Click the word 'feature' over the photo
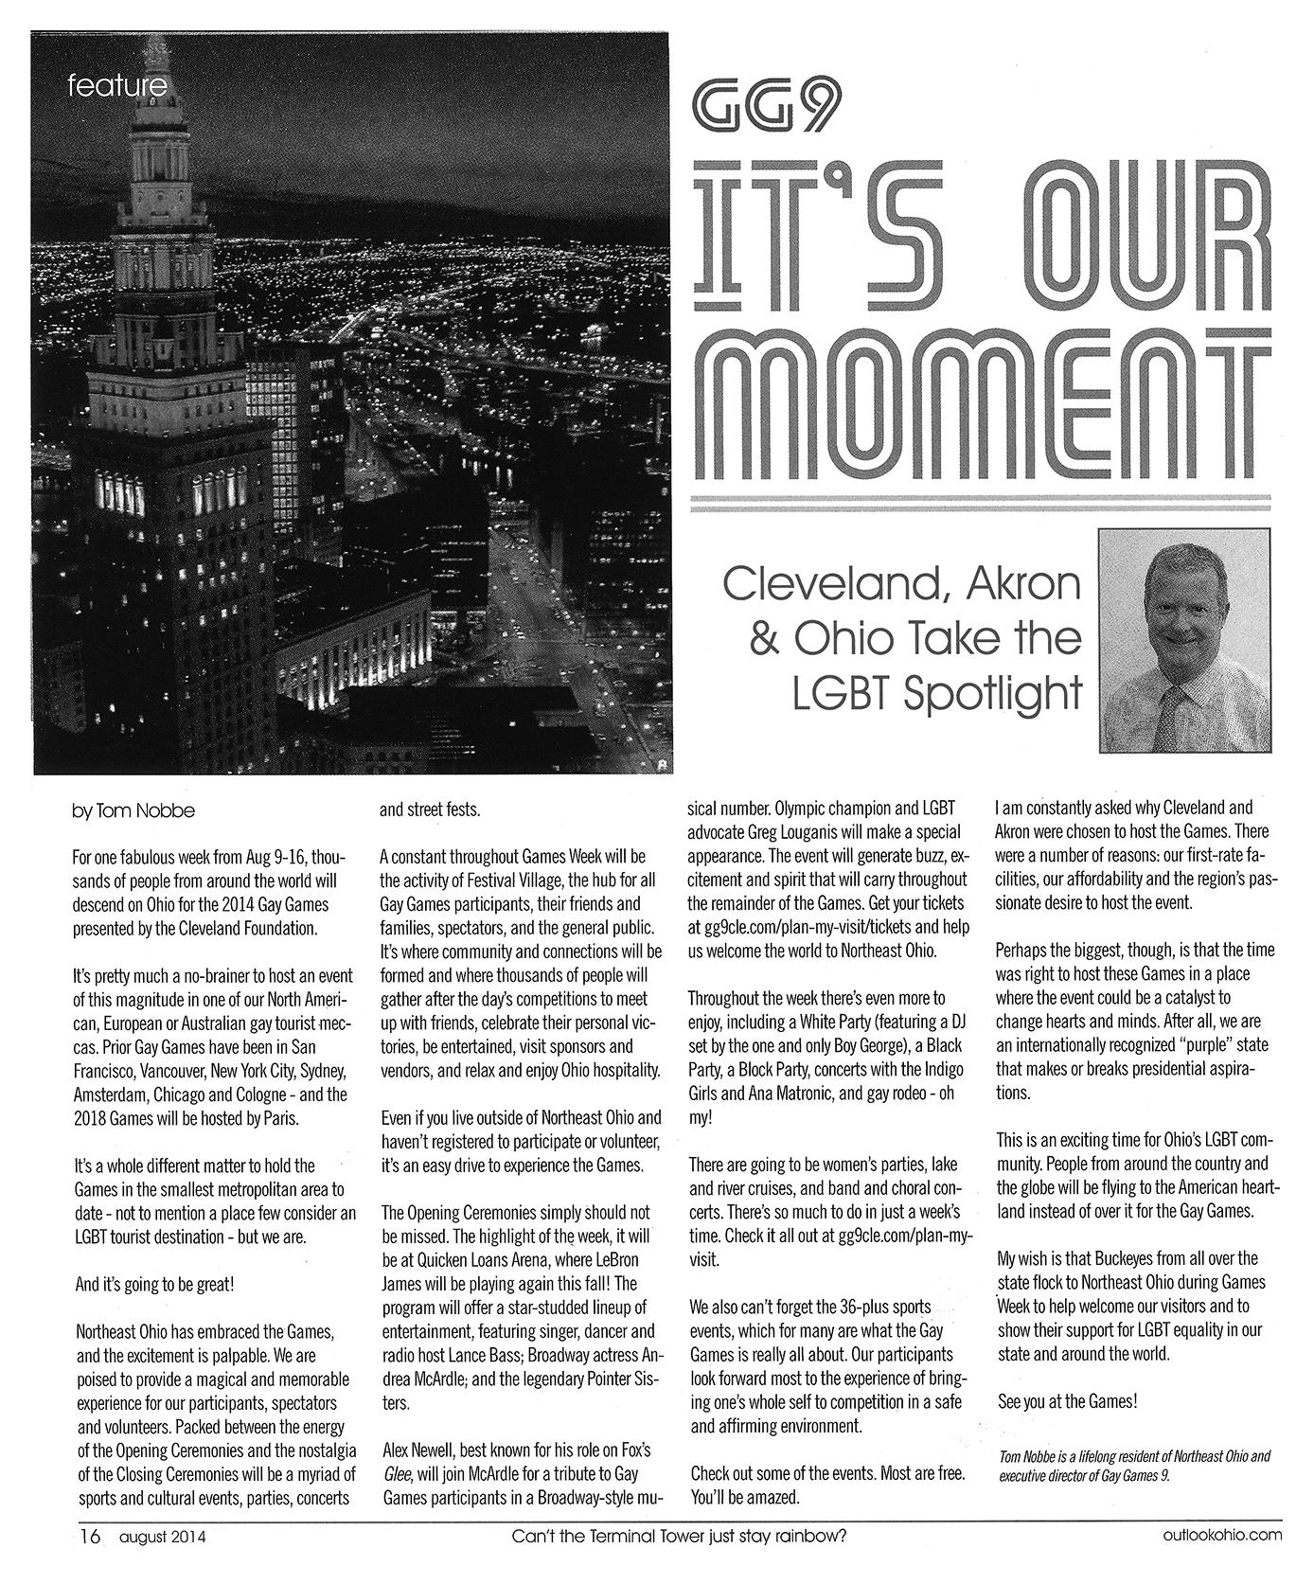point(117,87)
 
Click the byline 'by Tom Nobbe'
point(133,811)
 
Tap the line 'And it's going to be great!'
point(153,1285)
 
